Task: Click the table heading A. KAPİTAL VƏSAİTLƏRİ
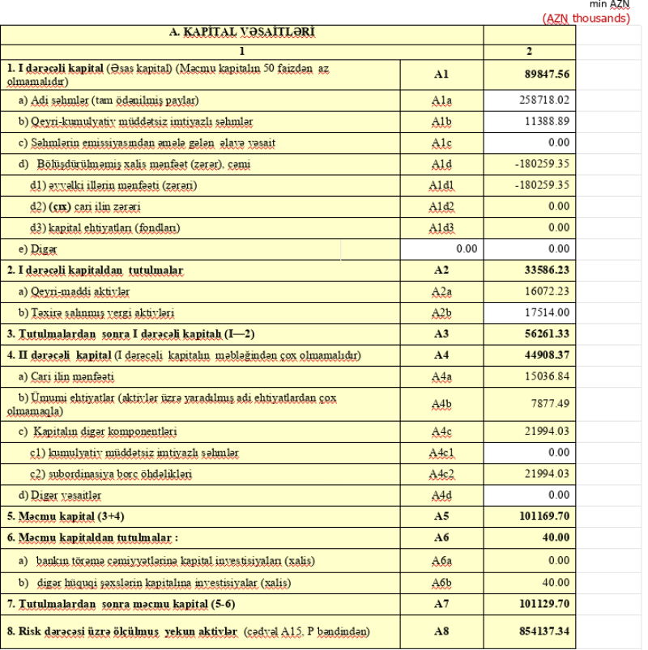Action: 241,32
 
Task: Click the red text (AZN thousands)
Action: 586,18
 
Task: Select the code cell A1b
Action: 441,122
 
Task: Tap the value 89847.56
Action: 547,74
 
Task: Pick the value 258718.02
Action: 544,100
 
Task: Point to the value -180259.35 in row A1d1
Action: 542,185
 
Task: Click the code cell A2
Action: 441,270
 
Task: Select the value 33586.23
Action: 547,270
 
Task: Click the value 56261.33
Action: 547,333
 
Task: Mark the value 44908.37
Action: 547,355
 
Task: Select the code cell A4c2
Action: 441,474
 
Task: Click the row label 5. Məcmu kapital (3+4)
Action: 66,516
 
